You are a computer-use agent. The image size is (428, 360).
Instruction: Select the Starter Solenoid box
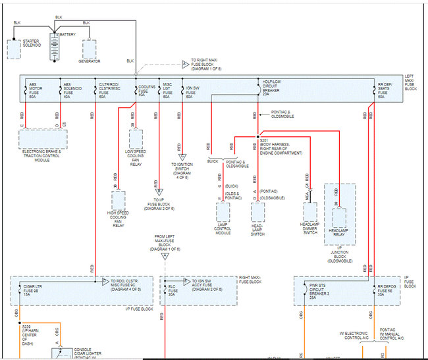click(13, 49)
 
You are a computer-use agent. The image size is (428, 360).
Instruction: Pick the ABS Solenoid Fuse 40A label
click(70, 90)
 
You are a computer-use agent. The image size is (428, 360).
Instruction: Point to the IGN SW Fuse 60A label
click(193, 90)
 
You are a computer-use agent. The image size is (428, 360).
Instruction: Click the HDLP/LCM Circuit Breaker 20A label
click(271, 88)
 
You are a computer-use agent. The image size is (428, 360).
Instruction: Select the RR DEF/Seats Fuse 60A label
click(385, 90)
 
